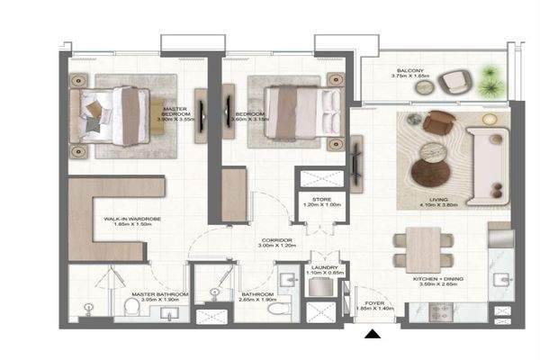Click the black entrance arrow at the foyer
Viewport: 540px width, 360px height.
pos(372,336)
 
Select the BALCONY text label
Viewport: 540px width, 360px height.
pos(413,73)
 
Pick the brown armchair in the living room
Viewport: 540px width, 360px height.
pos(437,123)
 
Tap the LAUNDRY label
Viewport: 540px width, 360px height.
pos(323,269)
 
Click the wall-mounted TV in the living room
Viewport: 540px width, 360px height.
pos(357,157)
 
